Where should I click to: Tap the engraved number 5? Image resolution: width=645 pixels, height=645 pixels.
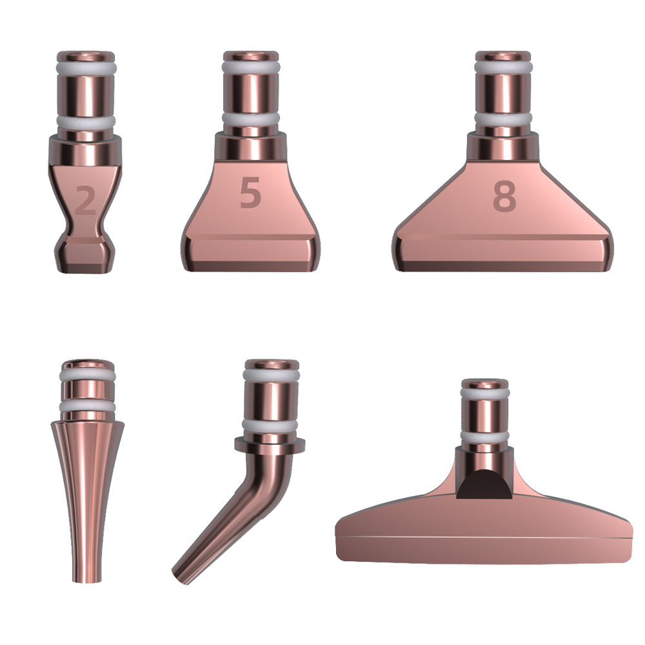point(250,192)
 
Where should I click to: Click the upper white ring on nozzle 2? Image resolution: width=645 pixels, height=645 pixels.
point(86,68)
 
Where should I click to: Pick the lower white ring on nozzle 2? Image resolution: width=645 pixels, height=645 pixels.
point(86,121)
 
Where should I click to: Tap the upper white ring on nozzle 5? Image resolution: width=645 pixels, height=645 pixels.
point(251,68)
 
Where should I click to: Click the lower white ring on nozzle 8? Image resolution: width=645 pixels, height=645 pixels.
point(503,119)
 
